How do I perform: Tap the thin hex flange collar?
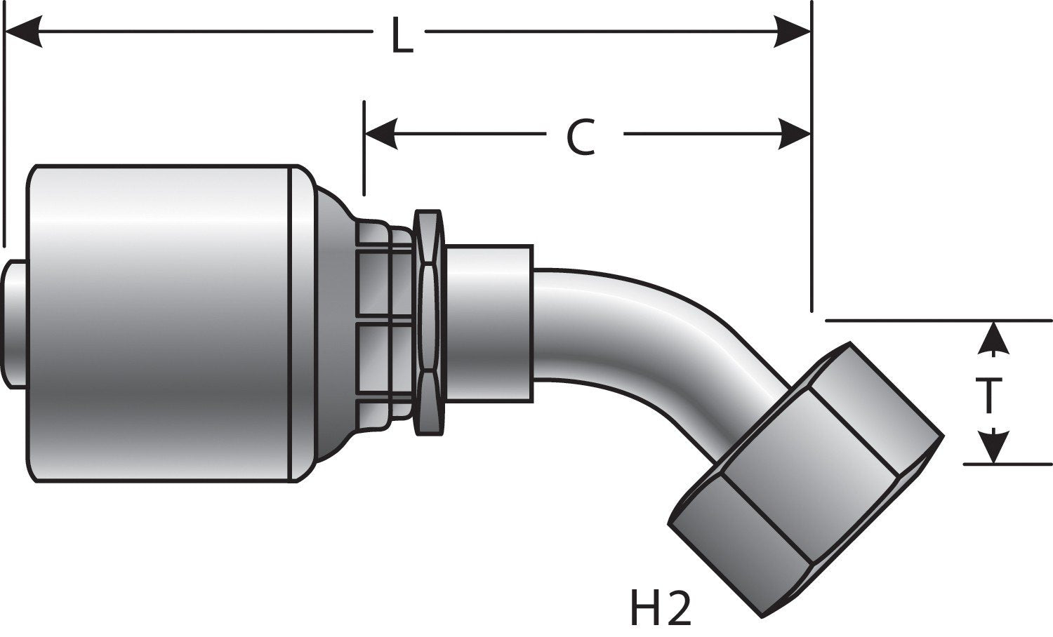(x=428, y=323)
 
